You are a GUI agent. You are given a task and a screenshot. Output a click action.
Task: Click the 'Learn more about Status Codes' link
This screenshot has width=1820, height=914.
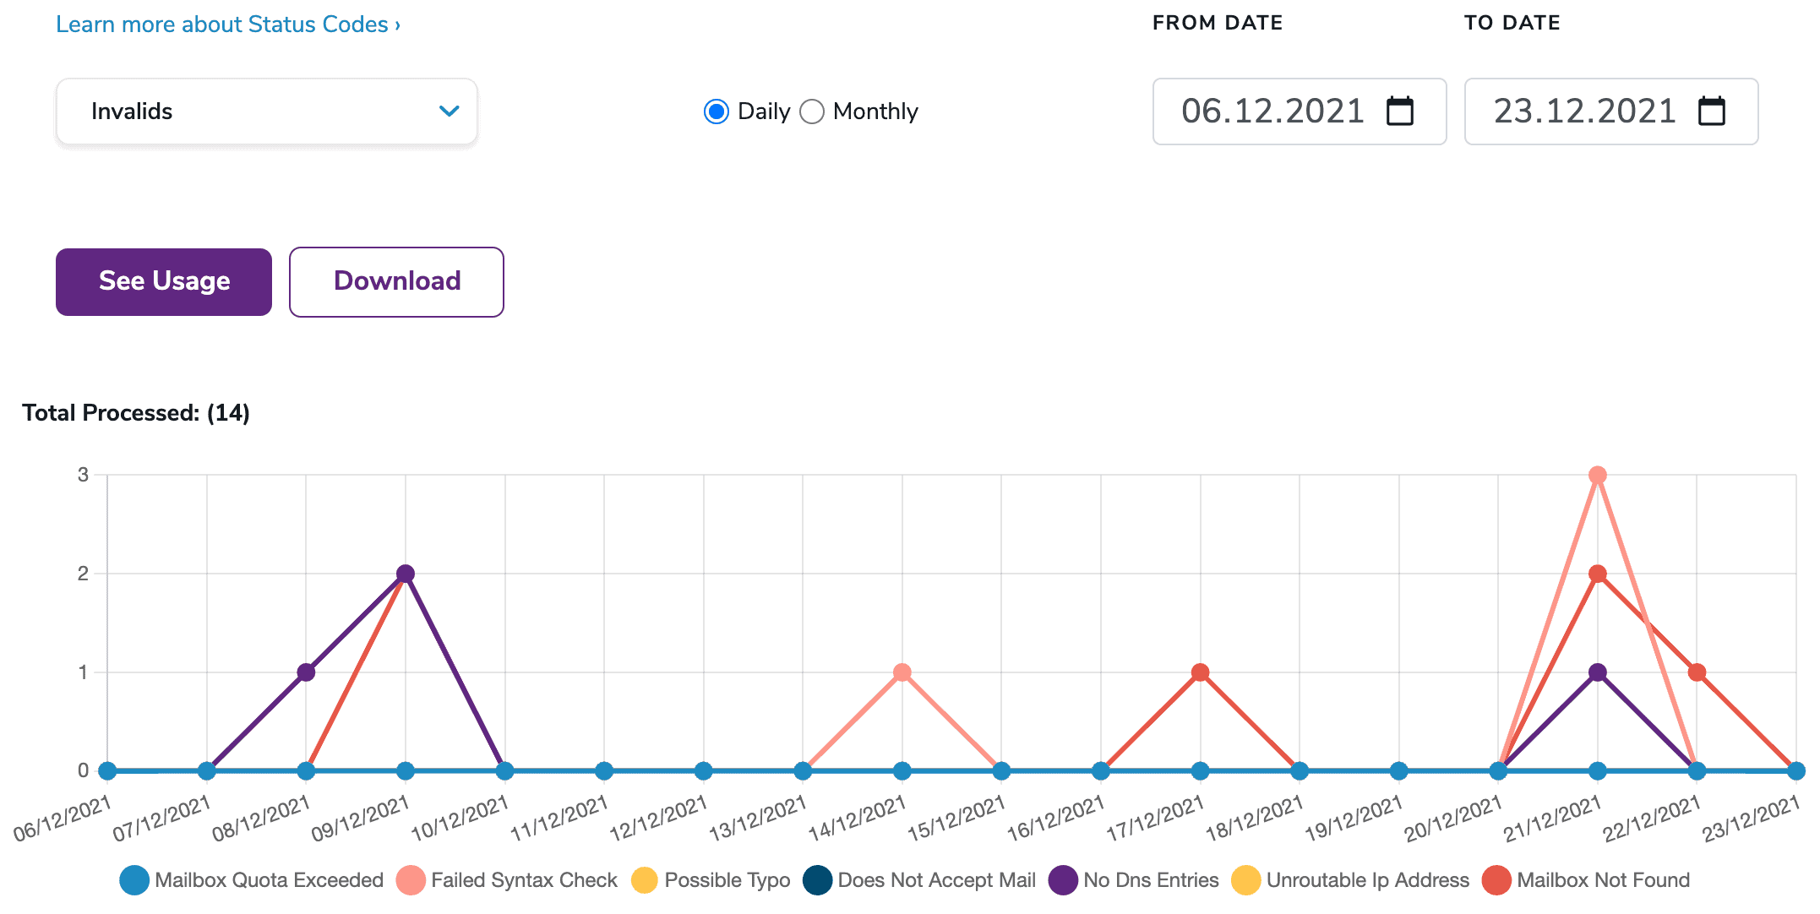(227, 24)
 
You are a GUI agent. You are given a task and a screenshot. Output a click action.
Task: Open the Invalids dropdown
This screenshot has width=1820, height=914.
(266, 112)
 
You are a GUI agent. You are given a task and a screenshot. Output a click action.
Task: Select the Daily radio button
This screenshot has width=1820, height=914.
(717, 112)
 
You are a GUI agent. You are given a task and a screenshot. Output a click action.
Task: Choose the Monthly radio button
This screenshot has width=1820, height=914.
(812, 112)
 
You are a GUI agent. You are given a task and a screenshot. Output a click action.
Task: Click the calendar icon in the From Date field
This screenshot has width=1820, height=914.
(1400, 112)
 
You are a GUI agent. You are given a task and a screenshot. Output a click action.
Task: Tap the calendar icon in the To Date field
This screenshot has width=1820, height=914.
(1712, 112)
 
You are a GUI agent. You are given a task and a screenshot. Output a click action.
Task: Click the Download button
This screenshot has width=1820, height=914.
(396, 281)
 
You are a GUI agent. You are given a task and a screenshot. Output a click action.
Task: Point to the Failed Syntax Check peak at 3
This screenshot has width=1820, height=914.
(1597, 476)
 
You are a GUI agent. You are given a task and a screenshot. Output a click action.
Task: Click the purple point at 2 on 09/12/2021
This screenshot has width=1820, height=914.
(406, 574)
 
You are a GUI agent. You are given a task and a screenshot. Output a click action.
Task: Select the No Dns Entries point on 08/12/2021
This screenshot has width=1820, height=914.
(306, 672)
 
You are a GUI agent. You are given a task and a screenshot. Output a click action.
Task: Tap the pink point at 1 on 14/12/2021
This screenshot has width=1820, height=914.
(902, 672)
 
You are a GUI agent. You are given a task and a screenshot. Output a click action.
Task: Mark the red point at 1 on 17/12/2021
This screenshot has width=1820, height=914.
(1200, 672)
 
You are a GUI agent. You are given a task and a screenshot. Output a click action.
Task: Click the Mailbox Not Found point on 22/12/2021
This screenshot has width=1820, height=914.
(1697, 672)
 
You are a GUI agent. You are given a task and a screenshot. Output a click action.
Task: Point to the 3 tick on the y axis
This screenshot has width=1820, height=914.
(83, 475)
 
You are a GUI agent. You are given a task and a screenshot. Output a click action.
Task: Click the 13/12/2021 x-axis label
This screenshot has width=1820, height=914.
(758, 819)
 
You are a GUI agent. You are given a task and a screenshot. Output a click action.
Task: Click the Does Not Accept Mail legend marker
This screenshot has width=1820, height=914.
(818, 880)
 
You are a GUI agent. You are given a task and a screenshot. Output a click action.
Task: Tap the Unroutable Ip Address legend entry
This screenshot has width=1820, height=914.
(1367, 880)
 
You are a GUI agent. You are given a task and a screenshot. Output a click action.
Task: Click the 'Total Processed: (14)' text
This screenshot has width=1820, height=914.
(136, 413)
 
